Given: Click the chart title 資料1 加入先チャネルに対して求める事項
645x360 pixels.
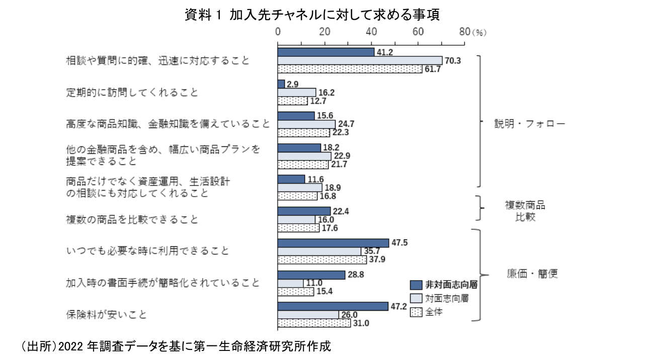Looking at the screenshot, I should coord(312,16).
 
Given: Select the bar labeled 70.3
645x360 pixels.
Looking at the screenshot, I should coord(360,60).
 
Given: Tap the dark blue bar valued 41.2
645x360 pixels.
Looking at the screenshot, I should coord(326,52).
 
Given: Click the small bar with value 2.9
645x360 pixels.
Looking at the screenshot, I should coord(281,84).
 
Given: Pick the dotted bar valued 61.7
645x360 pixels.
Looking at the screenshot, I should coord(350,69).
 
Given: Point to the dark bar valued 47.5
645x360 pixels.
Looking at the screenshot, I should coord(333,243).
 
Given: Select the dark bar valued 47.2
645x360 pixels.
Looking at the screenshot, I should coord(333,306).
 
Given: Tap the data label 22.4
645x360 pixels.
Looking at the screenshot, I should coord(341,211).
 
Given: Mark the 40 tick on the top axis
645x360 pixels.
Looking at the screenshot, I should coord(371,32).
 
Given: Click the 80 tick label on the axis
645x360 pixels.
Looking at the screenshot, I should coord(464,32).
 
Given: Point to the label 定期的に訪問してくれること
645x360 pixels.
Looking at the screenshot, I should coord(132,93).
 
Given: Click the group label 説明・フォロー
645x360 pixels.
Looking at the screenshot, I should coord(529,124).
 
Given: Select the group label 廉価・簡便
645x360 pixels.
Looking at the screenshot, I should coord(532,275).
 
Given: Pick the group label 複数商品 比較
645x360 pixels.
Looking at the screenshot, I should coord(525,212).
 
